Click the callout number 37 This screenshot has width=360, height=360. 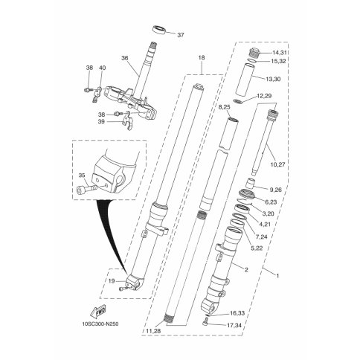[x=181, y=35]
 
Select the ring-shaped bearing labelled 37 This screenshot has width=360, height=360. [x=158, y=30]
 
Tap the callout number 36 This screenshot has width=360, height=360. [x=125, y=58]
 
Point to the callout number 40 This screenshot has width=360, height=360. [x=102, y=68]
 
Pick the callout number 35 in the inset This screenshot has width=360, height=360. [x=82, y=176]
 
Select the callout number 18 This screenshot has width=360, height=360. [x=202, y=58]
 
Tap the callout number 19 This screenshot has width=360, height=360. [x=112, y=281]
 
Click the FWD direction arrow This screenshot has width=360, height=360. [x=97, y=312]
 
